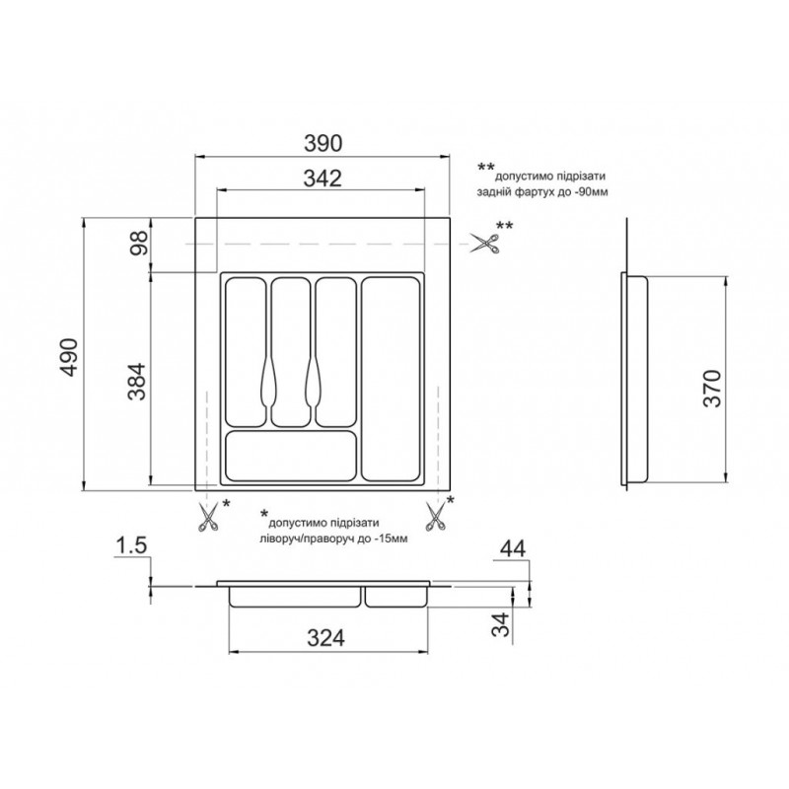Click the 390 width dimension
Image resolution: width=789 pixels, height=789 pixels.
pyautogui.click(x=323, y=143)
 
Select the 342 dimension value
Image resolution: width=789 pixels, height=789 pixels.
pyautogui.click(x=323, y=179)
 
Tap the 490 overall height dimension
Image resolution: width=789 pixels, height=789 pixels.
pyautogui.click(x=69, y=357)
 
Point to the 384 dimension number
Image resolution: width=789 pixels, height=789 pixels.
pyautogui.click(x=136, y=381)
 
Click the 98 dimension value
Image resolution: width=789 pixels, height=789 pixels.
pyautogui.click(x=139, y=243)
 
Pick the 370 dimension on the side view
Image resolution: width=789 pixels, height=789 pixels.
pyautogui.click(x=712, y=388)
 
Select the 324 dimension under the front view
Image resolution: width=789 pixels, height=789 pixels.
pyautogui.click(x=326, y=638)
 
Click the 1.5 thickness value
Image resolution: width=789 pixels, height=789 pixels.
pyautogui.click(x=131, y=546)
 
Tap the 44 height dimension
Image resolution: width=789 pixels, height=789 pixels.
pyautogui.click(x=512, y=548)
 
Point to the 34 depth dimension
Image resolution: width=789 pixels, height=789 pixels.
pyautogui.click(x=501, y=624)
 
